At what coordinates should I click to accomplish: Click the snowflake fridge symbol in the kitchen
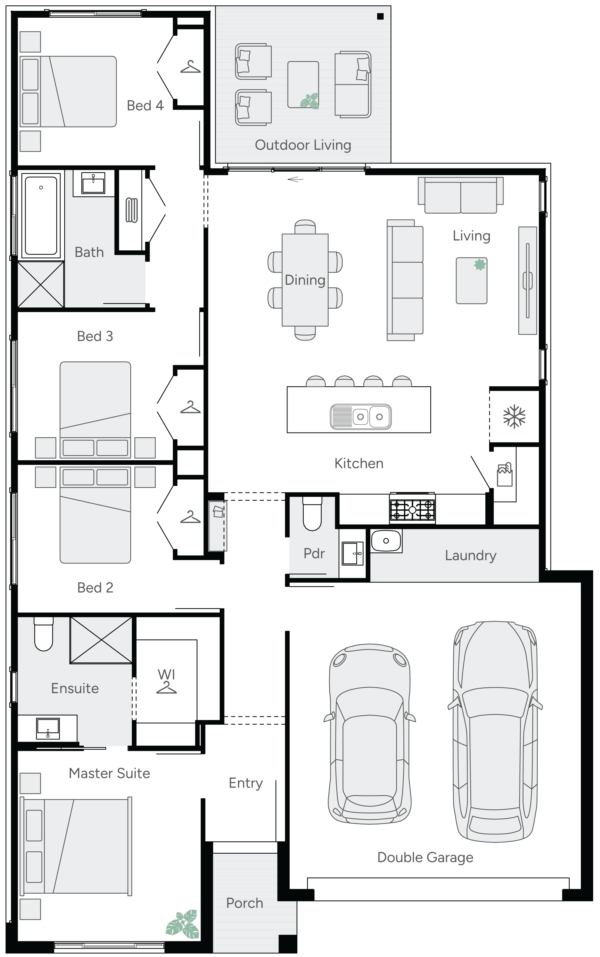[x=514, y=416]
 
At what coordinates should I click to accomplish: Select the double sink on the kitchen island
[x=360, y=417]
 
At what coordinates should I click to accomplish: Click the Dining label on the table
[x=305, y=280]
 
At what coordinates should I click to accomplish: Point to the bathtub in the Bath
[x=41, y=215]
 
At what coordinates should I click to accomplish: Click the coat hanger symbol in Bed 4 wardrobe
[x=191, y=67]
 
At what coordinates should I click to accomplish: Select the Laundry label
[x=470, y=555]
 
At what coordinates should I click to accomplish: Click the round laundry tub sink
[x=386, y=541]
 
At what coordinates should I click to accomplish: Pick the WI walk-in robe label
[x=166, y=674]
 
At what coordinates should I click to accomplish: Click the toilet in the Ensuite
[x=44, y=634]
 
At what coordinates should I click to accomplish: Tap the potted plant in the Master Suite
[x=183, y=924]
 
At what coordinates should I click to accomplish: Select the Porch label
[x=245, y=903]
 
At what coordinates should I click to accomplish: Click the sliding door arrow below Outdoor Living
[x=295, y=180]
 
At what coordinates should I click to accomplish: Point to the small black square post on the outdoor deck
[x=380, y=17]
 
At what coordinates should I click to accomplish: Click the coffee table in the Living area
[x=471, y=281]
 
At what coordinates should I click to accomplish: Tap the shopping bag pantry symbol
[x=505, y=475]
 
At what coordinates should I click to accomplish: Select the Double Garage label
[x=425, y=857]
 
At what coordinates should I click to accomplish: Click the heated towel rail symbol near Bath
[x=131, y=210]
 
